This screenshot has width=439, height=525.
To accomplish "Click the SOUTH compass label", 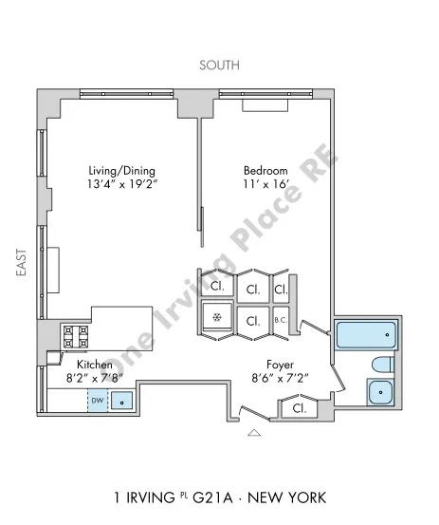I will tap(219, 66).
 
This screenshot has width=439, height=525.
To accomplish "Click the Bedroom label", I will tap(260, 171).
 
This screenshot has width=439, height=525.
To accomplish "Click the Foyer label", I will tap(279, 365).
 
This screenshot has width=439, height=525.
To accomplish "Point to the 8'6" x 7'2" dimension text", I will tap(279, 379).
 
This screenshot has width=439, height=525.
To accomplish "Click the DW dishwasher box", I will tap(97, 401).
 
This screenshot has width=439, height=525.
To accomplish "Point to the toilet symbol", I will tap(380, 365).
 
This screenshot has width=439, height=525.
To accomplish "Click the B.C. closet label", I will tap(281, 321).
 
